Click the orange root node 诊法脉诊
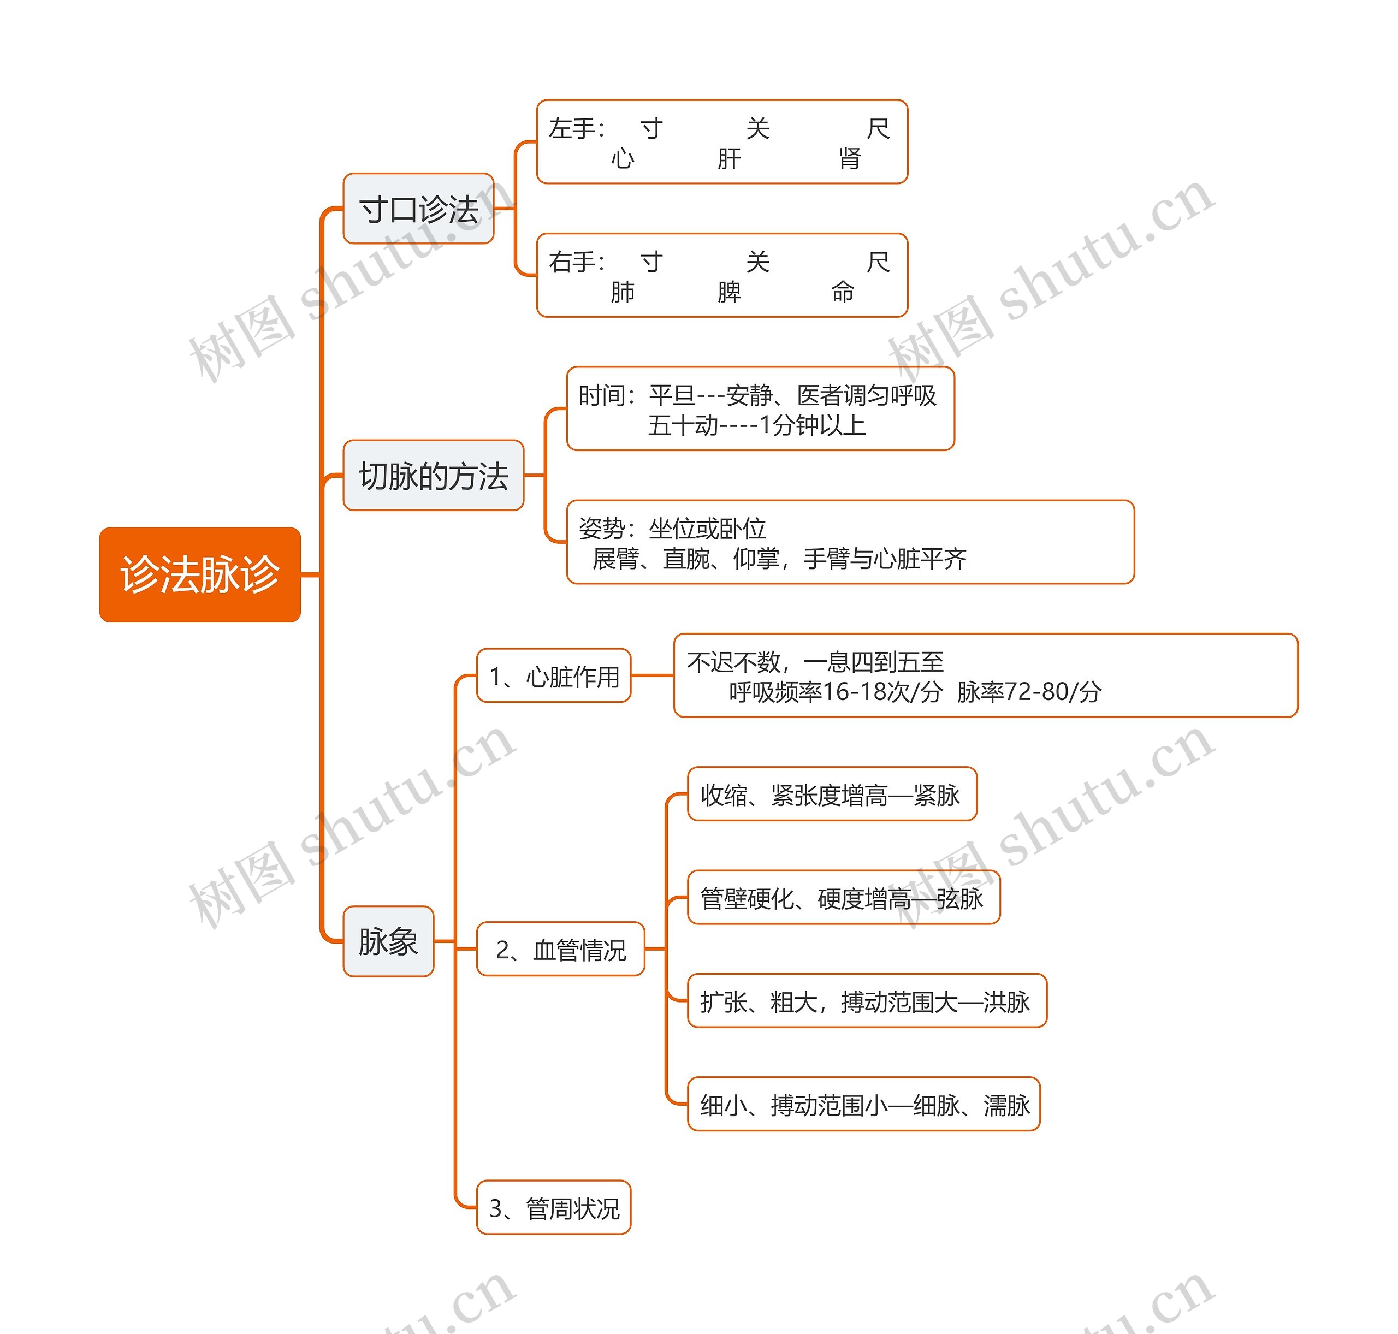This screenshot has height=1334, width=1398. click(x=200, y=574)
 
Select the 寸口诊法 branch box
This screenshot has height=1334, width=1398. click(x=418, y=209)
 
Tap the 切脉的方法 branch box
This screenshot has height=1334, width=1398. click(x=434, y=475)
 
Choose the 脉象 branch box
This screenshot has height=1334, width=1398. click(x=388, y=941)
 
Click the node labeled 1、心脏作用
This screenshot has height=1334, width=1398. click(x=554, y=675)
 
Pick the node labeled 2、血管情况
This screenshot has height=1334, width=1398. click(x=560, y=948)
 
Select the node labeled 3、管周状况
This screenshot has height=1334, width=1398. click(x=554, y=1207)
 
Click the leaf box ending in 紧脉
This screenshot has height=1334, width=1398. click(x=832, y=793)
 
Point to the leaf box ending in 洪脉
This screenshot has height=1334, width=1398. click(x=867, y=1000)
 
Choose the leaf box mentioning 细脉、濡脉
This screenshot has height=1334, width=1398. click(x=864, y=1104)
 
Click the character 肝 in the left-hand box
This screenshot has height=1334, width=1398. click(x=729, y=158)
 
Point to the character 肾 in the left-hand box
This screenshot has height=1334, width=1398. click(x=850, y=158)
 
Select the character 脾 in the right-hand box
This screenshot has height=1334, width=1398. click(x=729, y=292)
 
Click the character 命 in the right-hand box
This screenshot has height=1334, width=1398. click(x=843, y=292)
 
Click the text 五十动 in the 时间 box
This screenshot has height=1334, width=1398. click(x=683, y=425)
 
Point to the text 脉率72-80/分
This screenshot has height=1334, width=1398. click(x=1029, y=691)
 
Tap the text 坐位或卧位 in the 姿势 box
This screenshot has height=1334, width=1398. click(x=708, y=529)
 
